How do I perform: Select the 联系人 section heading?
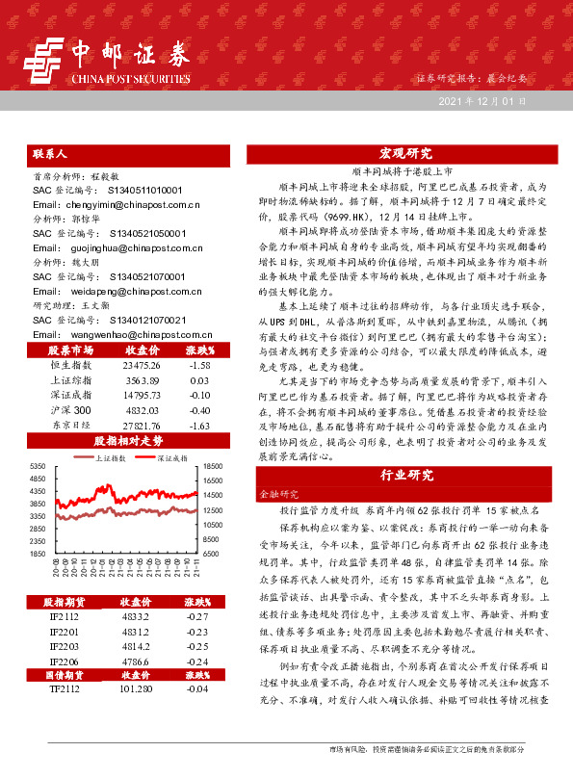click(50, 152)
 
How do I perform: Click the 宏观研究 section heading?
click(405, 152)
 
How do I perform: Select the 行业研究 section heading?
click(405, 474)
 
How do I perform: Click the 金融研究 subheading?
click(273, 491)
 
